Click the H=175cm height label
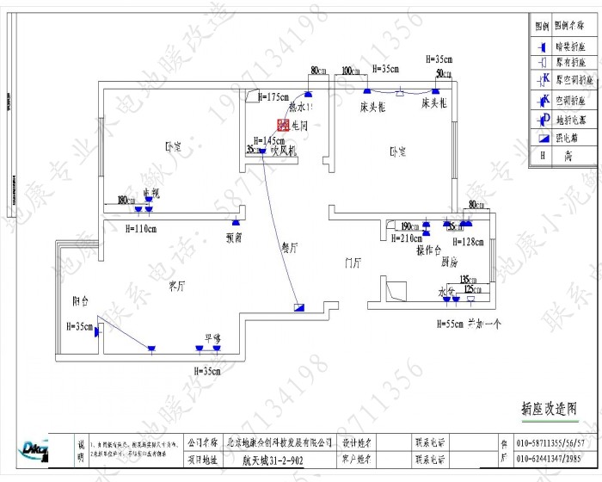pyautogui.click(x=273, y=97)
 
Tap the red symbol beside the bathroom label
pyautogui.click(x=294, y=125)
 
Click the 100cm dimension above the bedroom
pyautogui.click(x=351, y=71)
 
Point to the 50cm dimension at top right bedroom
pyautogui.click(x=443, y=75)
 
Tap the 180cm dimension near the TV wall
pyautogui.click(x=126, y=201)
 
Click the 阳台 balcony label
pyautogui.click(x=82, y=300)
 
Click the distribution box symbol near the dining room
pyautogui.click(x=298, y=306)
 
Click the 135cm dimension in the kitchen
pyautogui.click(x=468, y=280)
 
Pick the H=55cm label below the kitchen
pyautogui.click(x=451, y=324)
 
